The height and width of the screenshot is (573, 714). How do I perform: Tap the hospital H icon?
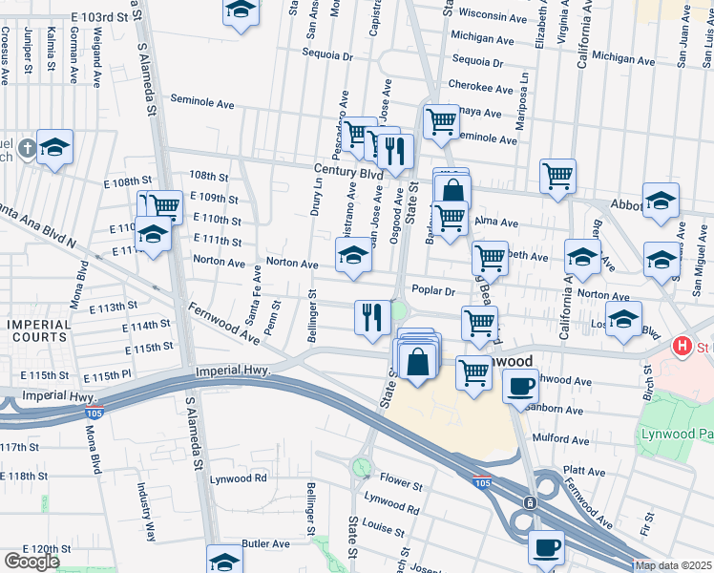click(682, 346)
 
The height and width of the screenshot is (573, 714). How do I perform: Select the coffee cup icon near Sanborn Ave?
click(521, 387)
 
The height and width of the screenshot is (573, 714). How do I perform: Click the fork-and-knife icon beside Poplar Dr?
click(371, 316)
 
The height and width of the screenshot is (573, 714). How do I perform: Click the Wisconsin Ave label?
click(494, 16)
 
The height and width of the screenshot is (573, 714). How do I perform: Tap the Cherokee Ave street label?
click(482, 87)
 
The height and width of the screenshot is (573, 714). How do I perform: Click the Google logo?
click(31, 561)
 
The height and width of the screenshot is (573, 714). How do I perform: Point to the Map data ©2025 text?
click(672, 565)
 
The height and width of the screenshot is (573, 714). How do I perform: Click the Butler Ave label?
click(265, 543)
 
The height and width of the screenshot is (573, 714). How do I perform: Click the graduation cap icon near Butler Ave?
click(225, 561)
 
